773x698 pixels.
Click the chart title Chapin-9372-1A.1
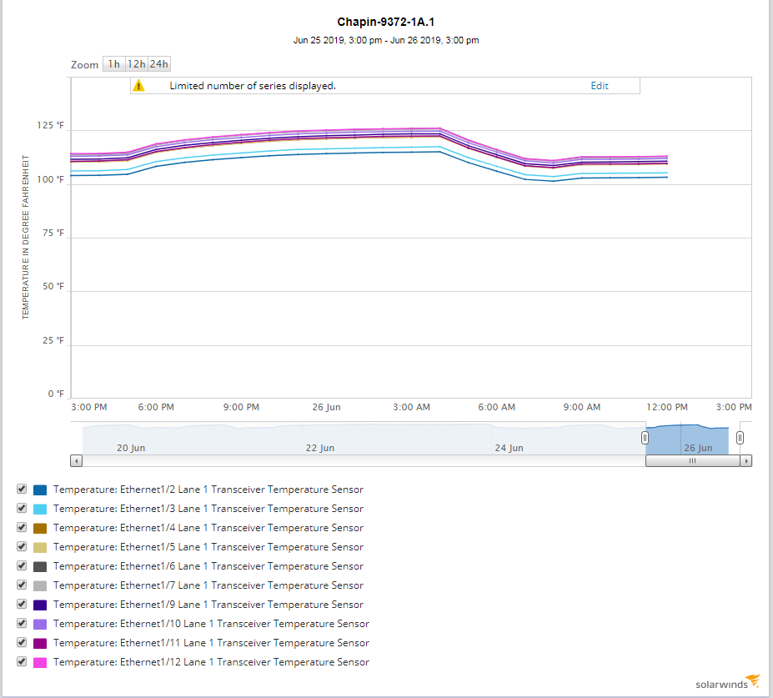point(385,23)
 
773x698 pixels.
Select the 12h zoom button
point(136,64)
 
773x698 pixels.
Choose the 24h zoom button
point(159,64)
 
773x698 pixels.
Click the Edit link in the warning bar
point(600,86)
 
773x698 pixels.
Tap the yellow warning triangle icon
point(139,86)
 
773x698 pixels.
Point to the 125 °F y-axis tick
point(50,126)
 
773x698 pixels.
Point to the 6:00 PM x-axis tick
point(156,408)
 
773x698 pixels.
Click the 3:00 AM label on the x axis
point(411,408)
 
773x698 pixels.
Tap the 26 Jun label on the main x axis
point(326,408)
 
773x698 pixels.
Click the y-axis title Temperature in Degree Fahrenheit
point(26,236)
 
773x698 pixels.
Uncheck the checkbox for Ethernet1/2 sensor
point(22,489)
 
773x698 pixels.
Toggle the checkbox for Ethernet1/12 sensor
point(22,661)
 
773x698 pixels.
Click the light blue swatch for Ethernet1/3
point(40,509)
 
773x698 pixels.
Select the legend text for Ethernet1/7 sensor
point(208,585)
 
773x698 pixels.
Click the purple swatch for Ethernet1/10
point(40,624)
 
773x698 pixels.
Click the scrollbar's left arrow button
point(77,460)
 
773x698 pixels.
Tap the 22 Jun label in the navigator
point(319,448)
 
